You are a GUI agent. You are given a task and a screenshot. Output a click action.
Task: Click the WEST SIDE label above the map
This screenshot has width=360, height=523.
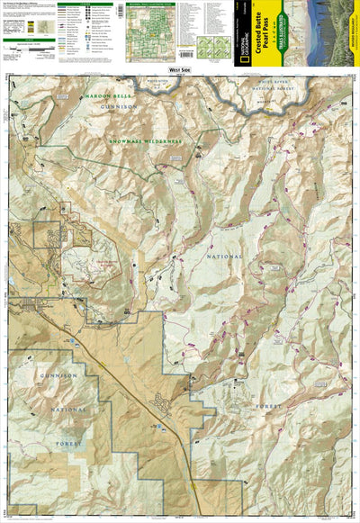(180, 69)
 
